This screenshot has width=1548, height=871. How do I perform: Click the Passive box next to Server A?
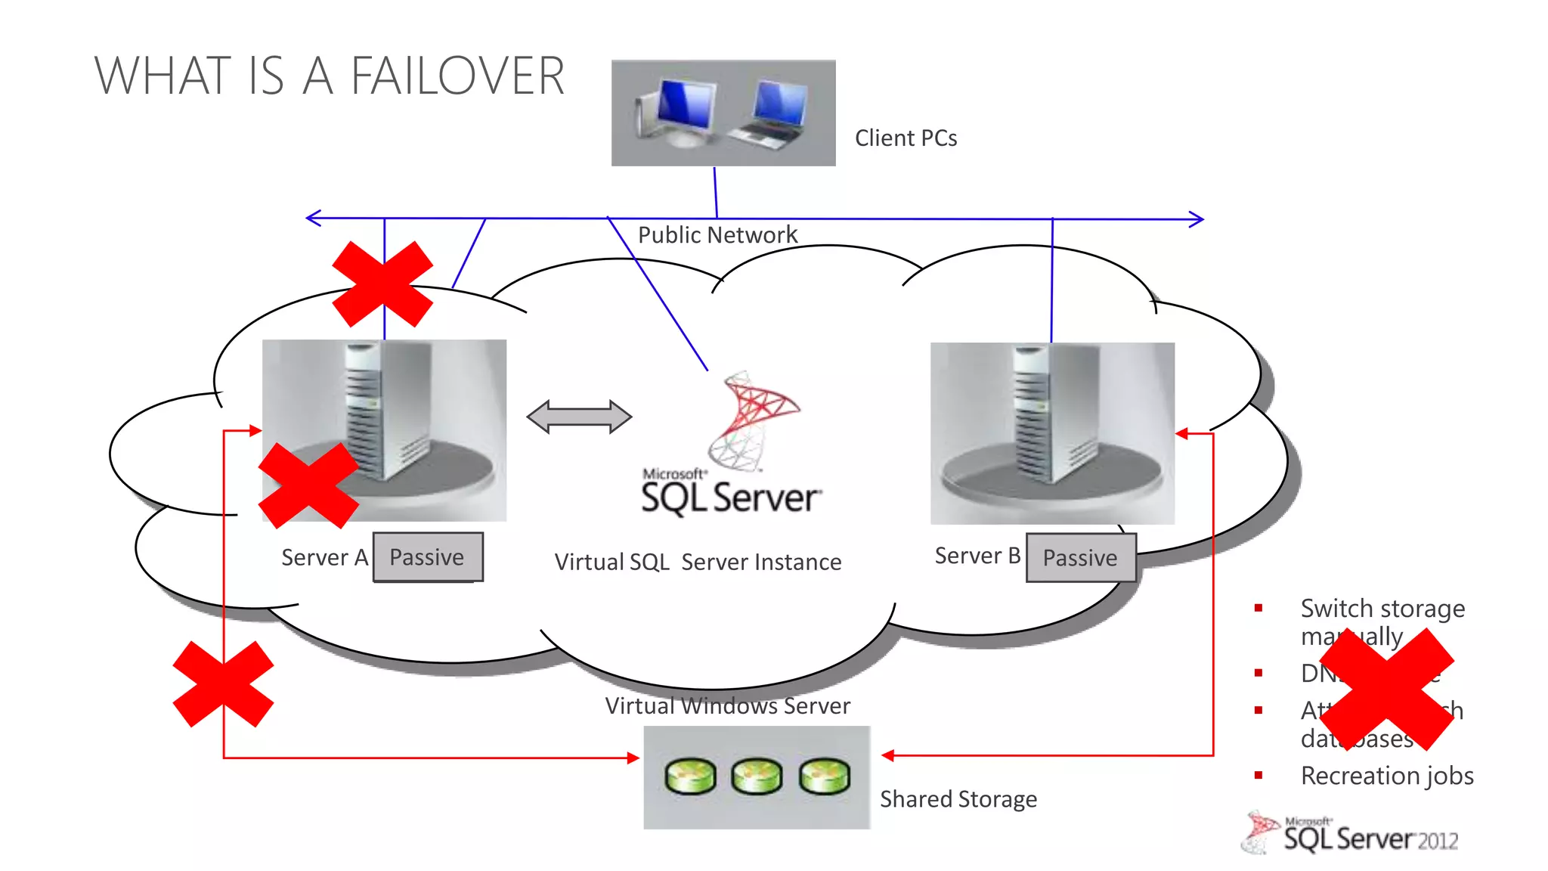tap(428, 557)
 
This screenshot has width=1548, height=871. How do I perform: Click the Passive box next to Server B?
tap(1080, 558)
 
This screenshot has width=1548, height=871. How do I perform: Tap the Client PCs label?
tap(906, 138)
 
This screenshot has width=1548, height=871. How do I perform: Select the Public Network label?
tap(717, 235)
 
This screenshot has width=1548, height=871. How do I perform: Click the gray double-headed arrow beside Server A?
tap(579, 417)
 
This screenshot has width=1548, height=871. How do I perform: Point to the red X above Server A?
tap(382, 284)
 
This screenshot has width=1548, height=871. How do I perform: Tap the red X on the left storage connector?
tap(223, 684)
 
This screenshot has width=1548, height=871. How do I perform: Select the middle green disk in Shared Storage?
tap(757, 776)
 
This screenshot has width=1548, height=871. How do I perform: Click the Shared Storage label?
tap(958, 799)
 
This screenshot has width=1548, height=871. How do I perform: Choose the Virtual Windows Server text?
tap(727, 706)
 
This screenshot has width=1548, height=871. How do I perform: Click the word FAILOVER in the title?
tap(457, 76)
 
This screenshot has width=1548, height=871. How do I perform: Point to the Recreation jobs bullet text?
tap(1386, 776)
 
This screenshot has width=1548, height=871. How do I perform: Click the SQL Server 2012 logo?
tap(1353, 835)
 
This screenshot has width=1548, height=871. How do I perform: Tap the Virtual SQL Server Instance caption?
tap(697, 563)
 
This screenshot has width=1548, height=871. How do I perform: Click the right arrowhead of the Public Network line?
tap(1197, 219)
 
